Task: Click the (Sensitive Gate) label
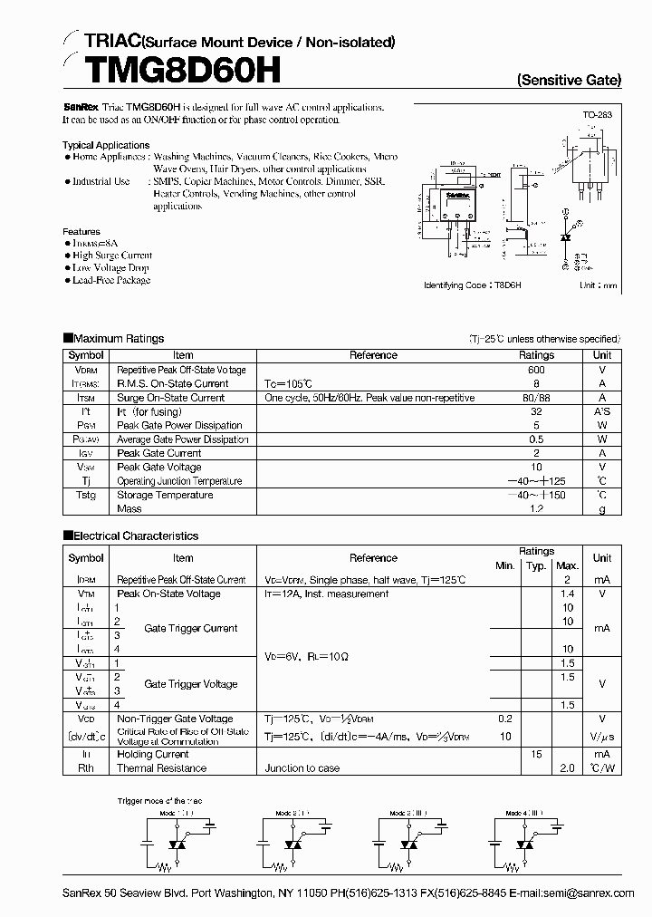click(569, 80)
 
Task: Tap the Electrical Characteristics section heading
click(130, 536)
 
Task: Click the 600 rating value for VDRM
click(536, 370)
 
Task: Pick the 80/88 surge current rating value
click(536, 398)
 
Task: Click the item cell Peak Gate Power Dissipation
click(179, 425)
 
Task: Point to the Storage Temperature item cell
click(165, 495)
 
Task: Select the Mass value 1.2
click(536, 508)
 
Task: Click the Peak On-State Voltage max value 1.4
click(568, 594)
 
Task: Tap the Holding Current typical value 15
click(536, 754)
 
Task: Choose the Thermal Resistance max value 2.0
click(568, 767)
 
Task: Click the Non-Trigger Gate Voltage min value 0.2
click(504, 719)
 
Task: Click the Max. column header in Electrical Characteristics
click(568, 565)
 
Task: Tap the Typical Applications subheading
click(106, 145)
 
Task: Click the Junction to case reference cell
click(302, 767)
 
